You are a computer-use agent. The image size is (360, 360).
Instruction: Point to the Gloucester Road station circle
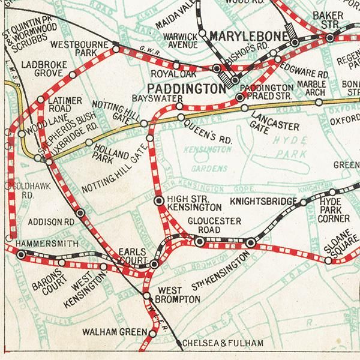pyautogui.click(x=200, y=241)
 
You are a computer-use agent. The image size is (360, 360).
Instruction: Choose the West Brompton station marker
pyautogui.click(x=147, y=295)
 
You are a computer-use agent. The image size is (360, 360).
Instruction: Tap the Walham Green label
pyautogui.click(x=115, y=331)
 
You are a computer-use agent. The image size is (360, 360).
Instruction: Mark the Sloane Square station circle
pyautogui.click(x=328, y=261)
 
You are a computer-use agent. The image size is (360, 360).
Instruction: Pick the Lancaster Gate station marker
pyautogui.click(x=245, y=108)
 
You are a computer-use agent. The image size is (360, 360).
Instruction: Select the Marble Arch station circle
pyautogui.click(x=319, y=102)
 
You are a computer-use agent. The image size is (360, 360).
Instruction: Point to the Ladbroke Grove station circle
pyautogui.click(x=73, y=76)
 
